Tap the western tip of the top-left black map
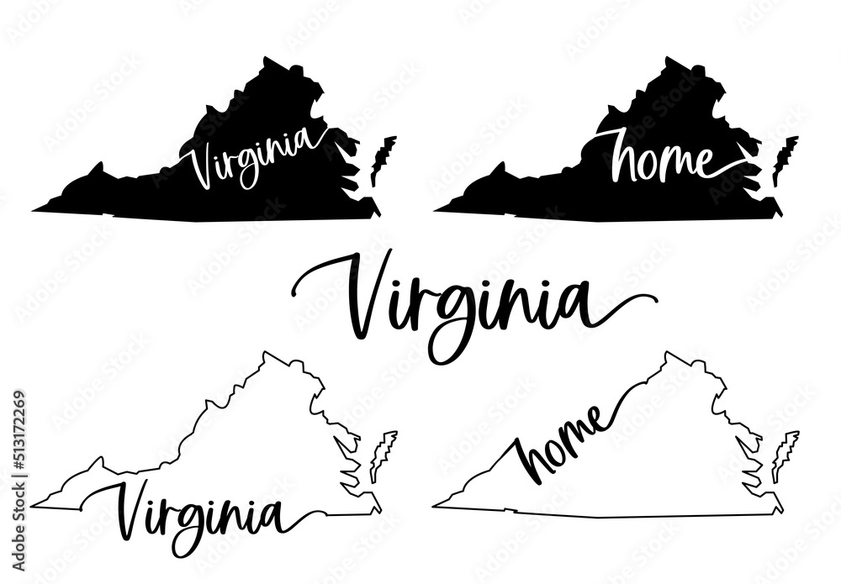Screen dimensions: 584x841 [x=37, y=208]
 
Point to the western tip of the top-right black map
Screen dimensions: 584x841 [x=439, y=208]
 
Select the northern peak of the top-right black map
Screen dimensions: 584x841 [x=668, y=61]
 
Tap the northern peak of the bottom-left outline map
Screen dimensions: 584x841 [x=267, y=356]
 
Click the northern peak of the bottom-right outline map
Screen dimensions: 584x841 [x=669, y=356]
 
